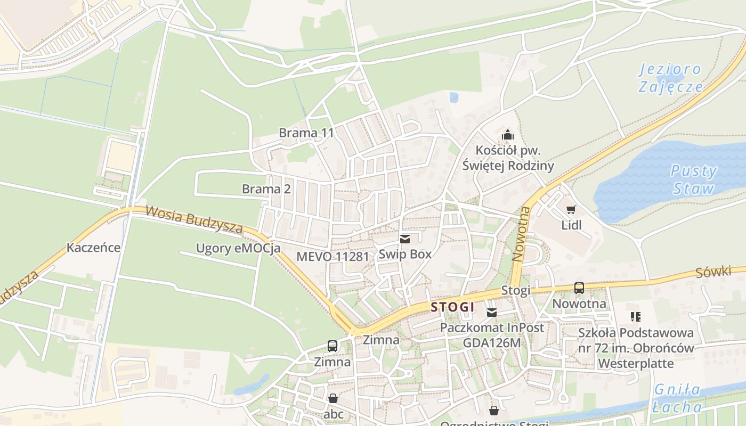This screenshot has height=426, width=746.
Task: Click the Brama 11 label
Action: pos(306,133)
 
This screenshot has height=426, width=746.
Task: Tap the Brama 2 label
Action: pos(266,189)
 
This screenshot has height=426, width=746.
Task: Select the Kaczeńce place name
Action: pos(93,248)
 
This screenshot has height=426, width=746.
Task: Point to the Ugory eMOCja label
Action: pos(238,248)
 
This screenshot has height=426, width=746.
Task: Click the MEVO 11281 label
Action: pos(333,256)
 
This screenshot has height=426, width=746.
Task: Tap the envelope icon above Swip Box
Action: pos(405,239)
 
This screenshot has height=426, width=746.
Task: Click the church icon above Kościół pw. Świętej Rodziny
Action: pos(508,135)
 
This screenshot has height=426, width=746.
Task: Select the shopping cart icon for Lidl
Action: pos(571,210)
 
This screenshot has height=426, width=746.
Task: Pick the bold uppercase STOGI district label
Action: pos(452,307)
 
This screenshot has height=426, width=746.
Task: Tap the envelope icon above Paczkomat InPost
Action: pos(491,312)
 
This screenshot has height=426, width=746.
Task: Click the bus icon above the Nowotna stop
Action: pos(579,288)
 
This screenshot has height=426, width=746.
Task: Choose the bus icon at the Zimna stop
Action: pos(333,346)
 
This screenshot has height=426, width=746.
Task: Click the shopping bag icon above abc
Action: pos(333,398)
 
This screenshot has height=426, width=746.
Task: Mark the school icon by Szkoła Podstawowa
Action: pos(635,317)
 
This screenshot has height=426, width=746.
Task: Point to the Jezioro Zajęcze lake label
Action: pos(671,78)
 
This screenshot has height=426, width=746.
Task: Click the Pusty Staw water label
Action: pos(693,180)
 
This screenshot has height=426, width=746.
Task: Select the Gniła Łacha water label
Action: pos(677,398)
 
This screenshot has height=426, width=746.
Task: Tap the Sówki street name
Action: pos(713,272)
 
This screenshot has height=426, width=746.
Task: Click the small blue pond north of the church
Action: pos(453,97)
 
